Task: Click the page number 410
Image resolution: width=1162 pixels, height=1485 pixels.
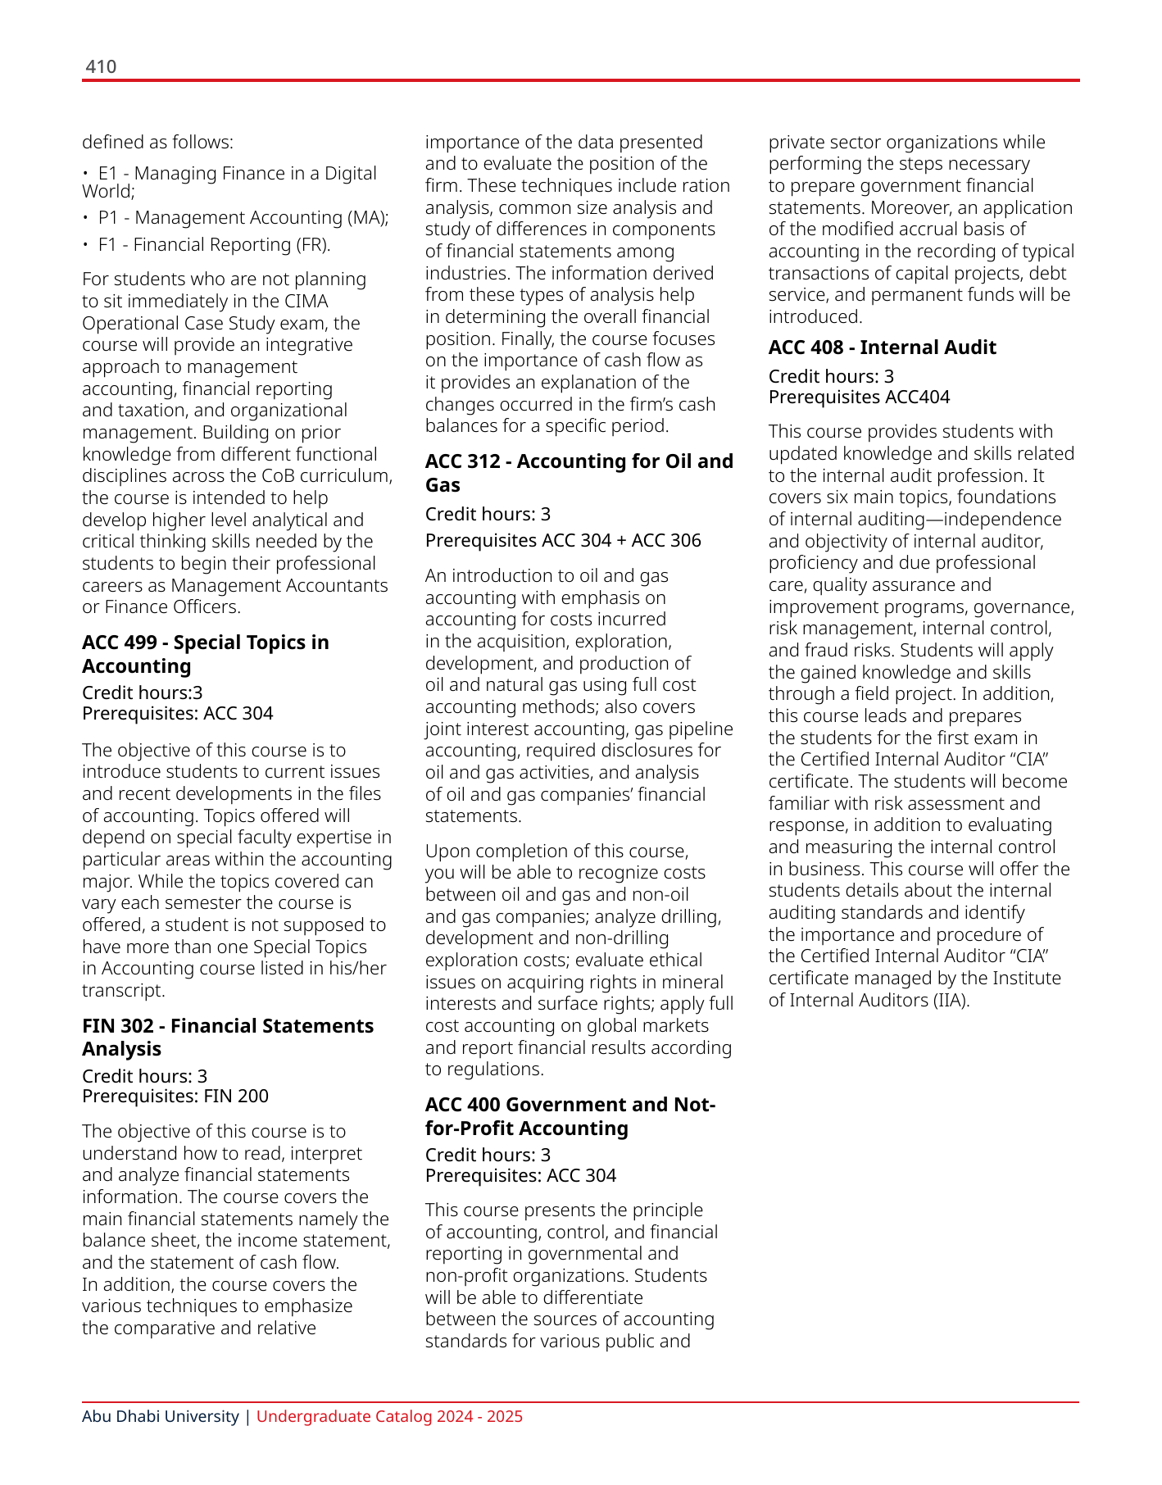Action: (x=101, y=67)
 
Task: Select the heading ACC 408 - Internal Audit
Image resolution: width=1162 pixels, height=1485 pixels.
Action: (x=882, y=347)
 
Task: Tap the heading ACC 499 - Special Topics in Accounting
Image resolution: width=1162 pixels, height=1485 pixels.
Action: (x=205, y=654)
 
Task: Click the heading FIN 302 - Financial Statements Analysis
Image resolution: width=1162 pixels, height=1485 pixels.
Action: (x=227, y=1038)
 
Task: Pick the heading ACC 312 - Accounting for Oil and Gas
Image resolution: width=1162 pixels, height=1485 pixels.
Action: (x=579, y=473)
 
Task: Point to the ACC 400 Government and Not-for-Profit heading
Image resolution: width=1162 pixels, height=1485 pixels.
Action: (x=570, y=1116)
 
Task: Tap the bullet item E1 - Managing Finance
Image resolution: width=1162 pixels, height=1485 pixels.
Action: (x=229, y=182)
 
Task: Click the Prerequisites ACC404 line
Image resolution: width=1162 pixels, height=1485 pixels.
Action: (x=859, y=397)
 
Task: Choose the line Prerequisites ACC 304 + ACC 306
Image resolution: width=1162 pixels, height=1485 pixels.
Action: (x=563, y=541)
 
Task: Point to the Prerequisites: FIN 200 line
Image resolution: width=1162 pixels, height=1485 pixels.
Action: (x=175, y=1097)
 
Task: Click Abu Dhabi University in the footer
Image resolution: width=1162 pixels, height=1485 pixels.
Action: (x=161, y=1416)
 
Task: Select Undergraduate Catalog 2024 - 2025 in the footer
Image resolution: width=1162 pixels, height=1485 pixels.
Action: (x=389, y=1416)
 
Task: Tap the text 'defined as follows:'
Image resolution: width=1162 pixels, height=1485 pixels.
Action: (x=157, y=143)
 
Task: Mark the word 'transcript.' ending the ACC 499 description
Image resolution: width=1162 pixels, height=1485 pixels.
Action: (x=124, y=991)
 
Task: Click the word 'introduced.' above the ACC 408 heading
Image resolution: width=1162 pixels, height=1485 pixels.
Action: (x=815, y=317)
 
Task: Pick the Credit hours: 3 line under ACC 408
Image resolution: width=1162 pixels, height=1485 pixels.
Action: (x=831, y=377)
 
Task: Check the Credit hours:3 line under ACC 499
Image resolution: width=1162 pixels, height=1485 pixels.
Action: (x=143, y=693)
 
